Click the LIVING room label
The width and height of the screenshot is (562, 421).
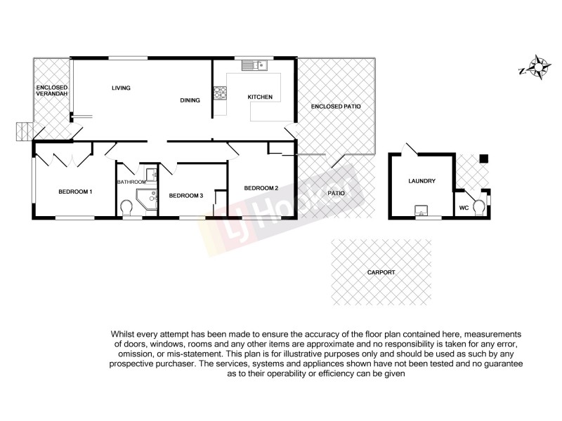(122, 88)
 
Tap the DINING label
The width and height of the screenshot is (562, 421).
(190, 100)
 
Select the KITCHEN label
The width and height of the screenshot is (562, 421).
(259, 96)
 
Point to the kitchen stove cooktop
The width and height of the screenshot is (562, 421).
(220, 91)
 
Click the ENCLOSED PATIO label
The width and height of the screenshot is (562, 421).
(336, 106)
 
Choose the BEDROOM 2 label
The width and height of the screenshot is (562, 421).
(261, 188)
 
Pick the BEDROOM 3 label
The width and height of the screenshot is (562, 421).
(186, 195)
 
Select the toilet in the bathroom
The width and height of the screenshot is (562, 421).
(127, 209)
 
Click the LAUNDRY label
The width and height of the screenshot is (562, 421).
(421, 181)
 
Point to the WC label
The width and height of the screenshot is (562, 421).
(464, 208)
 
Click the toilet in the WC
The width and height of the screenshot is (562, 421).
(480, 208)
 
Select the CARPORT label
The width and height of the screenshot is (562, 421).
(381, 272)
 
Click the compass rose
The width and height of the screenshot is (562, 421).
(540, 67)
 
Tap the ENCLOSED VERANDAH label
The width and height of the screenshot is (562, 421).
(52, 91)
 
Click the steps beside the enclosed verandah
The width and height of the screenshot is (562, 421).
(25, 130)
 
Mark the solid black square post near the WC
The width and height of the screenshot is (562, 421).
(483, 159)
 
